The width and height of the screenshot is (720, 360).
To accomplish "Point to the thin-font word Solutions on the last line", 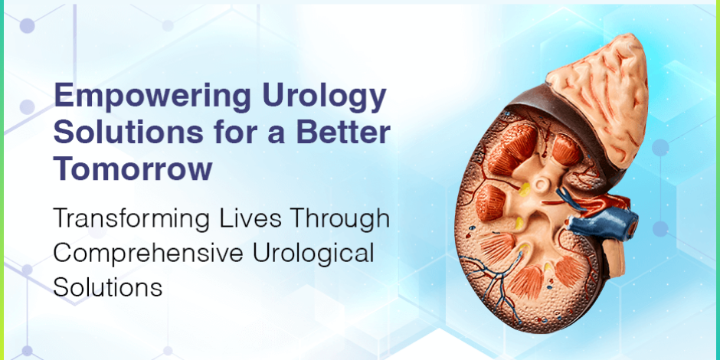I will pyautogui.click(x=107, y=287).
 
